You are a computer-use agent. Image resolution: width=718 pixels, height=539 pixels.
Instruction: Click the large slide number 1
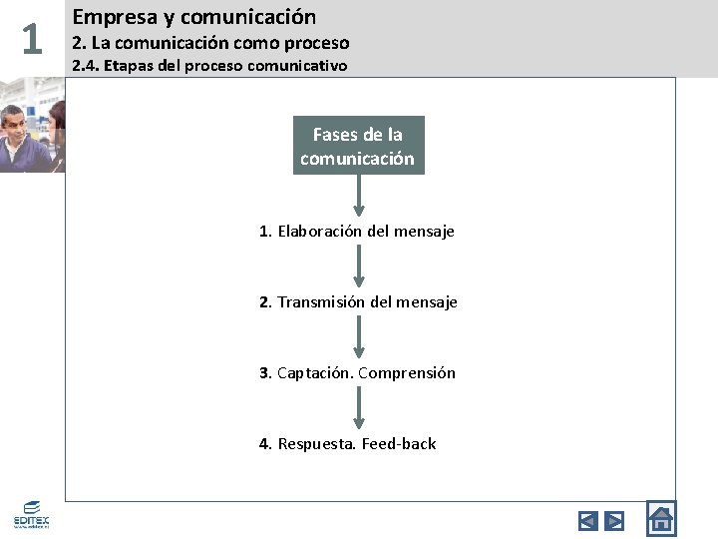pos(32,39)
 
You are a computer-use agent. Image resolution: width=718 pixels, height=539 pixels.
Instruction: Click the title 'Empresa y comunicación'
pos(194,17)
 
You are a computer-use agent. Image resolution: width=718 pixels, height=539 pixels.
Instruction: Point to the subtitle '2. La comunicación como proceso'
pos(210,43)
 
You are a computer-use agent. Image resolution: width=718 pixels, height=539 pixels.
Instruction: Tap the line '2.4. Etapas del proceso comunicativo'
pos(209,66)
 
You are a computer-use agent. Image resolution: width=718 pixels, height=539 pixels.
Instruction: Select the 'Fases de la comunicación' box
pos(358,146)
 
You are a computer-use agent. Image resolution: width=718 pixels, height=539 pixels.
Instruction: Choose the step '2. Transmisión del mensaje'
pos(358,301)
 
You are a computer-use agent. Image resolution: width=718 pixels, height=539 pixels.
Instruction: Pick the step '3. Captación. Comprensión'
pos(357,373)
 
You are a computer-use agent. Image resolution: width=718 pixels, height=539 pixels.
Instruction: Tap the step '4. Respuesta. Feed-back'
pos(347,444)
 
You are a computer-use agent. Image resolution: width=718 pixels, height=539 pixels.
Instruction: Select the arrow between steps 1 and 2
pos(359,267)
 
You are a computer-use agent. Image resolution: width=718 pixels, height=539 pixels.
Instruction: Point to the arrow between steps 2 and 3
pos(359,337)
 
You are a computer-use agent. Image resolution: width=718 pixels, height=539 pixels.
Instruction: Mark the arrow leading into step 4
pos(359,408)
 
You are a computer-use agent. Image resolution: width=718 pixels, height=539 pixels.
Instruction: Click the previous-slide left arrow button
pos(587,520)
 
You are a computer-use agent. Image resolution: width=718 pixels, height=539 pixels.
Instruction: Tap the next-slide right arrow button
pos(615,520)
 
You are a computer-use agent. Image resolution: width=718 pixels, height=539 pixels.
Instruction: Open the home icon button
pos(661,519)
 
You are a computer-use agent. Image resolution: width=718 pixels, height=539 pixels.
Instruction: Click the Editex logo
pos(31,513)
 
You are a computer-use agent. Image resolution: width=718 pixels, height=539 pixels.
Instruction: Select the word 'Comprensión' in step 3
pos(406,373)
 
